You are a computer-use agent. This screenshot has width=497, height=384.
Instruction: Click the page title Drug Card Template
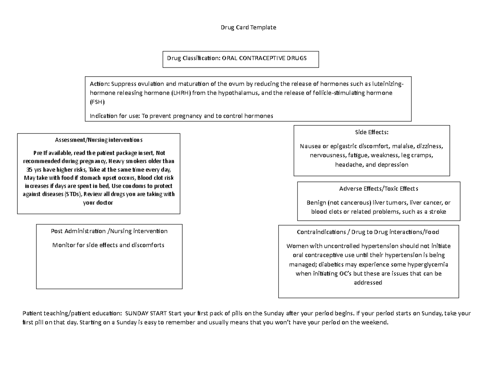tap(248, 27)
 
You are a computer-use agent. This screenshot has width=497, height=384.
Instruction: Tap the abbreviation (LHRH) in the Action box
tap(181, 93)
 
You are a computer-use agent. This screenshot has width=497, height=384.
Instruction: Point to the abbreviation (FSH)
tap(98, 102)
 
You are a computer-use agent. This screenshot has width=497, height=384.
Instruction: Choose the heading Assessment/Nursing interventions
tap(99, 140)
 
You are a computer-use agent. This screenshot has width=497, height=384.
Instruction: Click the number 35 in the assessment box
tap(29, 170)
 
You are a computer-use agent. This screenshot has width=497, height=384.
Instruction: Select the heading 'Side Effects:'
tap(372, 132)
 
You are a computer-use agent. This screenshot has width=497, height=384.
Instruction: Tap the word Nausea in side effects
tap(310, 146)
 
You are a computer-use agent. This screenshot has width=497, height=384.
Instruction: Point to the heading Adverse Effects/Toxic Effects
tap(379, 189)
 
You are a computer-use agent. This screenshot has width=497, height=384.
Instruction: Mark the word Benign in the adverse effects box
tap(315, 203)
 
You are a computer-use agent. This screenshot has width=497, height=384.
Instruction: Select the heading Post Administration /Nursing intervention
tap(109, 231)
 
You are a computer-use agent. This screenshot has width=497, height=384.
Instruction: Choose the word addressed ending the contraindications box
tap(368, 283)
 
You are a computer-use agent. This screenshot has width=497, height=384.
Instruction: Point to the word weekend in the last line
tap(376, 322)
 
